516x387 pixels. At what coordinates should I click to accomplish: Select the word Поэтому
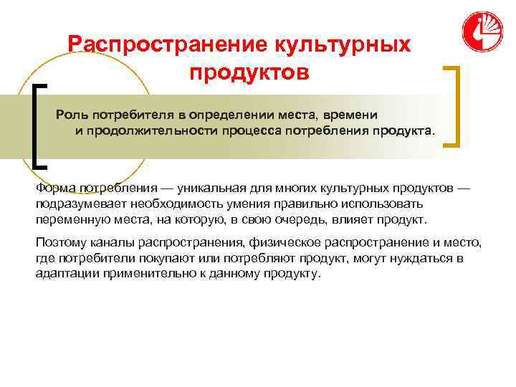click(x=59, y=243)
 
